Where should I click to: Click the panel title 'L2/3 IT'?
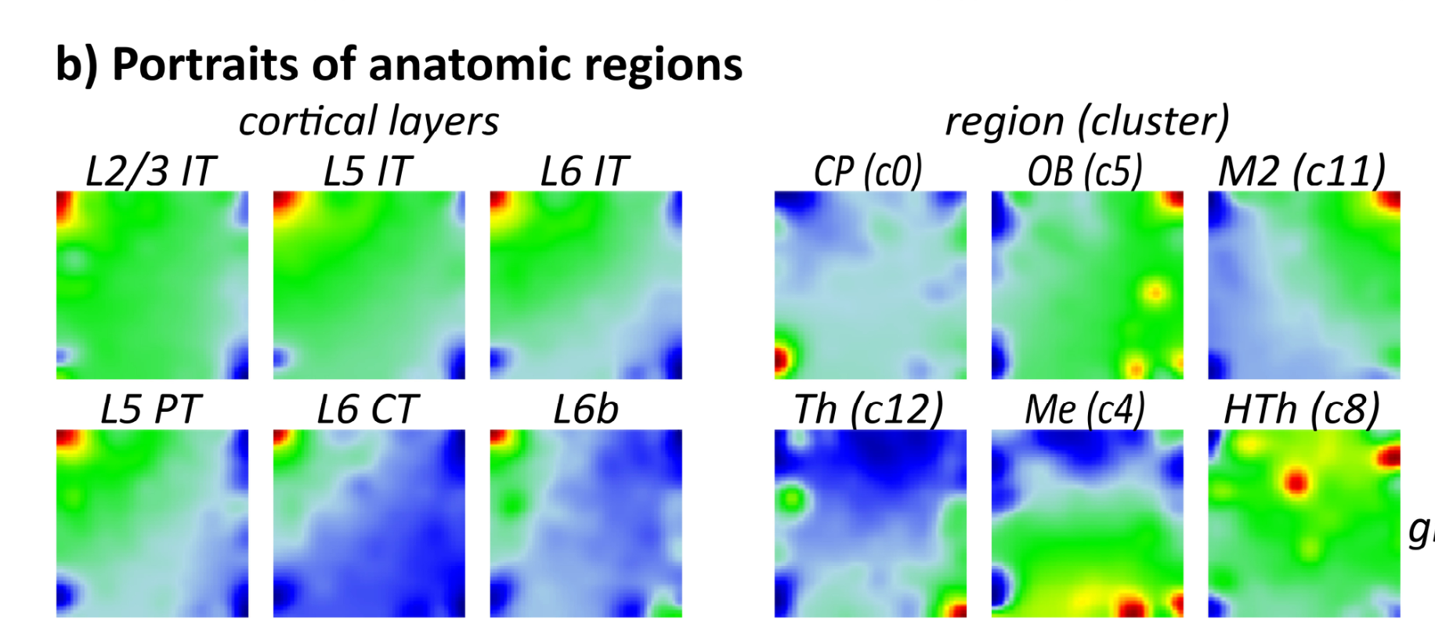[150, 171]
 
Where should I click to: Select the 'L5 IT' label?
[367, 171]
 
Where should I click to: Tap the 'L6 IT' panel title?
[584, 171]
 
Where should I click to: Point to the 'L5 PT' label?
[150, 409]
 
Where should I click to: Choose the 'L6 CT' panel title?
[367, 409]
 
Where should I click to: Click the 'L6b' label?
[585, 409]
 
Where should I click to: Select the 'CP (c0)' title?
[868, 171]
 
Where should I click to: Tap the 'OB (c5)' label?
[1085, 171]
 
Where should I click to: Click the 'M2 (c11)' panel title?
[1301, 171]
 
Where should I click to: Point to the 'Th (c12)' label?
[868, 409]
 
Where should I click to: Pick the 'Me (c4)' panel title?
[1085, 409]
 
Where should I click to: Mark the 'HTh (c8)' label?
[1301, 409]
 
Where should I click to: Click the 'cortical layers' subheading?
[368, 122]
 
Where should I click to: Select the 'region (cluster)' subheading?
[1087, 122]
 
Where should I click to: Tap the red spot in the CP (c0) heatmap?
[780, 359]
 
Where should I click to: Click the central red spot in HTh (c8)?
[1296, 481]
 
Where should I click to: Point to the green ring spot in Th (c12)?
[792, 497]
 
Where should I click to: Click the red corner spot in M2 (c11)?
[1390, 200]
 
